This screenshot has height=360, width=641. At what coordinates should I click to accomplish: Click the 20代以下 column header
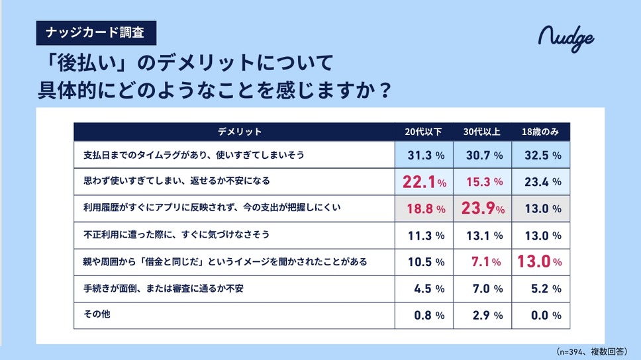pyautogui.click(x=423, y=132)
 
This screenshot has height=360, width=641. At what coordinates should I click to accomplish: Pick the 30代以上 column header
pyautogui.click(x=483, y=132)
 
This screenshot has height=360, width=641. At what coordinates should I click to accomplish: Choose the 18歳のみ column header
pyautogui.click(x=541, y=132)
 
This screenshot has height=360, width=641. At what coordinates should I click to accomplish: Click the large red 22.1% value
pyautogui.click(x=423, y=181)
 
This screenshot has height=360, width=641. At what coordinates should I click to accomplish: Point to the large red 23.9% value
pyautogui.click(x=483, y=208)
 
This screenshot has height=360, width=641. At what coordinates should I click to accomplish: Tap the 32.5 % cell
pyautogui.click(x=541, y=155)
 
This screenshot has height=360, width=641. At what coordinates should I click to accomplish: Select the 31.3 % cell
pyautogui.click(x=423, y=155)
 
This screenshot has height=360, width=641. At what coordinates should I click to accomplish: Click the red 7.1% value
pyautogui.click(x=483, y=262)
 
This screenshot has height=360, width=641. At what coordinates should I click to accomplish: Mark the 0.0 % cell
pyautogui.click(x=541, y=315)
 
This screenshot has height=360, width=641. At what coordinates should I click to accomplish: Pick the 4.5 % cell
pyautogui.click(x=423, y=289)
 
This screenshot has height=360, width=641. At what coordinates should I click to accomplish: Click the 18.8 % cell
pyautogui.click(x=423, y=208)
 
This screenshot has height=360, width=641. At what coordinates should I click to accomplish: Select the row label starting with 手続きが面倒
pyautogui.click(x=166, y=289)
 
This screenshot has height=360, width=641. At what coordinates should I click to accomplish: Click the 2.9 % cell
pyautogui.click(x=483, y=315)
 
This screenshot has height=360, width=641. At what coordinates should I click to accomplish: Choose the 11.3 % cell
pyautogui.click(x=423, y=235)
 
